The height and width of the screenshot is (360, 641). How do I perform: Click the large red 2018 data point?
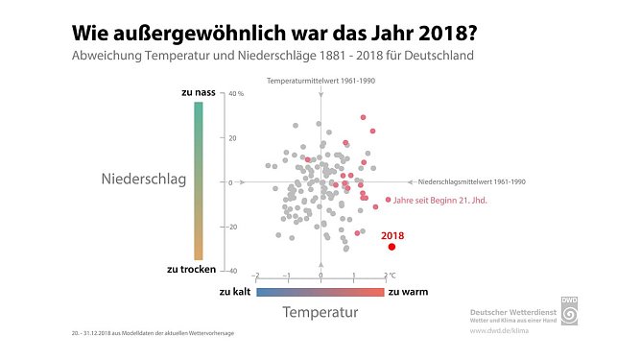coord(392,247)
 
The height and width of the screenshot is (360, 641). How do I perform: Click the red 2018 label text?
coord(393,234)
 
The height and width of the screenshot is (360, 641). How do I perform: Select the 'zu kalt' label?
coord(235,291)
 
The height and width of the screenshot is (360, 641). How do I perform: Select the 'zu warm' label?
coord(408,291)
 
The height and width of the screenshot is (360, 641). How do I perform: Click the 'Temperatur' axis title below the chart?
coord(320,313)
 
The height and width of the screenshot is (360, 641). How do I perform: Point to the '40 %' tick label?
coord(237,94)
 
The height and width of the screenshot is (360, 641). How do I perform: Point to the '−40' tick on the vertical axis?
coord(233,272)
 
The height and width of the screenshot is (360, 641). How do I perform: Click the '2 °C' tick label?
coord(389,275)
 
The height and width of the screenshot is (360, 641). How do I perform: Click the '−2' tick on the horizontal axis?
coord(255,276)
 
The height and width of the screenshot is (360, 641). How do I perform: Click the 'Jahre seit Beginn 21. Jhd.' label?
coord(441,201)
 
